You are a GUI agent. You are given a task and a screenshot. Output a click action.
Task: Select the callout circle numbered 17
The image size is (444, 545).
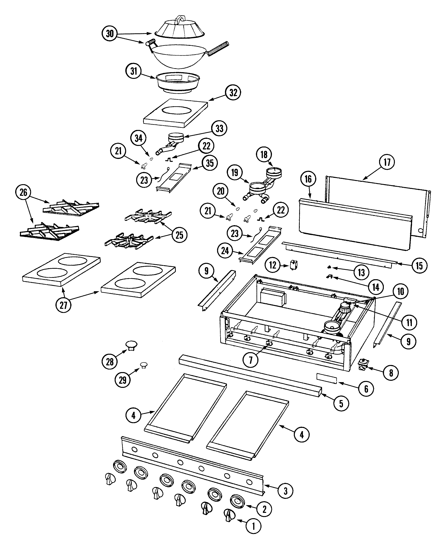(x=387, y=162)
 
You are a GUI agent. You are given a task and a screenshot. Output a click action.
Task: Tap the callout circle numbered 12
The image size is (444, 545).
(x=273, y=265)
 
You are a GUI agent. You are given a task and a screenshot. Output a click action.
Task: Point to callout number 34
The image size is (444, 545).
(x=138, y=138)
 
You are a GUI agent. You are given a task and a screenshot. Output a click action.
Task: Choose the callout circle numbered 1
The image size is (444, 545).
(x=253, y=526)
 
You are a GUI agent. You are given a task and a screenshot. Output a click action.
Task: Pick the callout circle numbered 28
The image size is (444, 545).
(x=110, y=362)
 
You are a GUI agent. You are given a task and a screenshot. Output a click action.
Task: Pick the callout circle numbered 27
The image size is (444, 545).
(x=63, y=305)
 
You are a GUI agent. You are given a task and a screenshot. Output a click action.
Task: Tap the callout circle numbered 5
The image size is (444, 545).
(x=341, y=403)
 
